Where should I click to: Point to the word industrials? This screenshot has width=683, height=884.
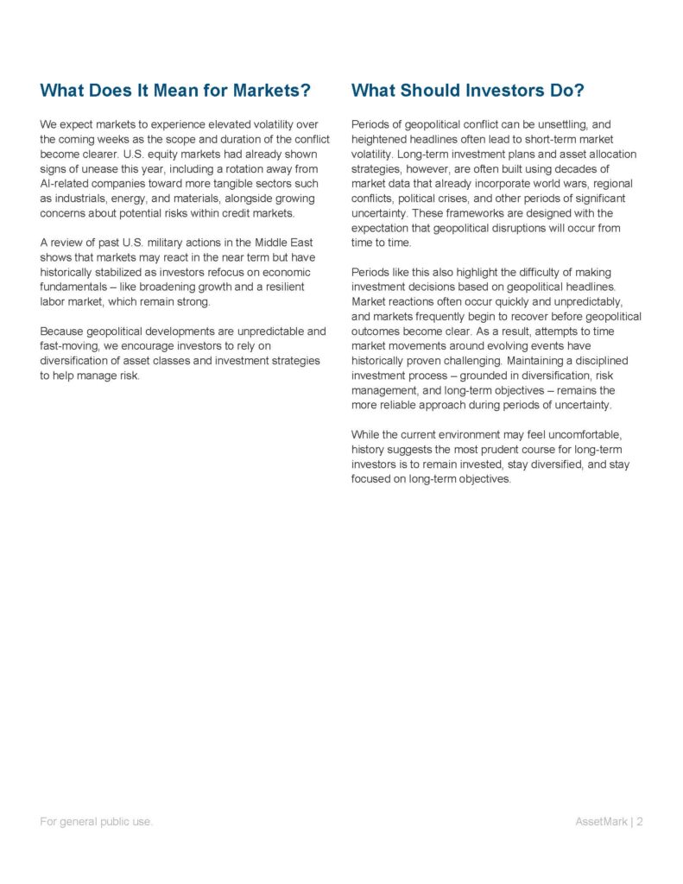tap(82, 198)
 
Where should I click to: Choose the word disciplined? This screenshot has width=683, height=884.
tap(602, 360)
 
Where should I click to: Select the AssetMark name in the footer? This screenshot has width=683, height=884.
tap(603, 822)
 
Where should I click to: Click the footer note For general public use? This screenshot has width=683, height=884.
tap(95, 822)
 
